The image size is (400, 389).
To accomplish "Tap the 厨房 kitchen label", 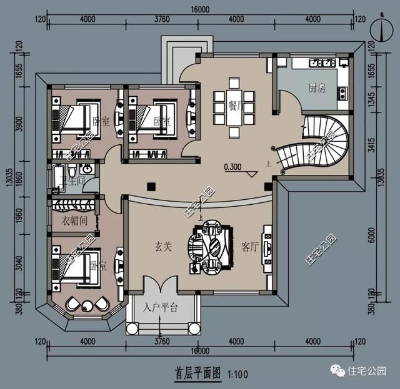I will coord(317,88).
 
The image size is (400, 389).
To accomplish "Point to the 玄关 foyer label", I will coord(156,247).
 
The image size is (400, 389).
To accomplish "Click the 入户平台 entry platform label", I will coord(161,307).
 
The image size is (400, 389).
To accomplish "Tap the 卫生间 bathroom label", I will coord(72,182).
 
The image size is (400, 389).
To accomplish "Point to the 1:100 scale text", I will coord(238,375).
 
